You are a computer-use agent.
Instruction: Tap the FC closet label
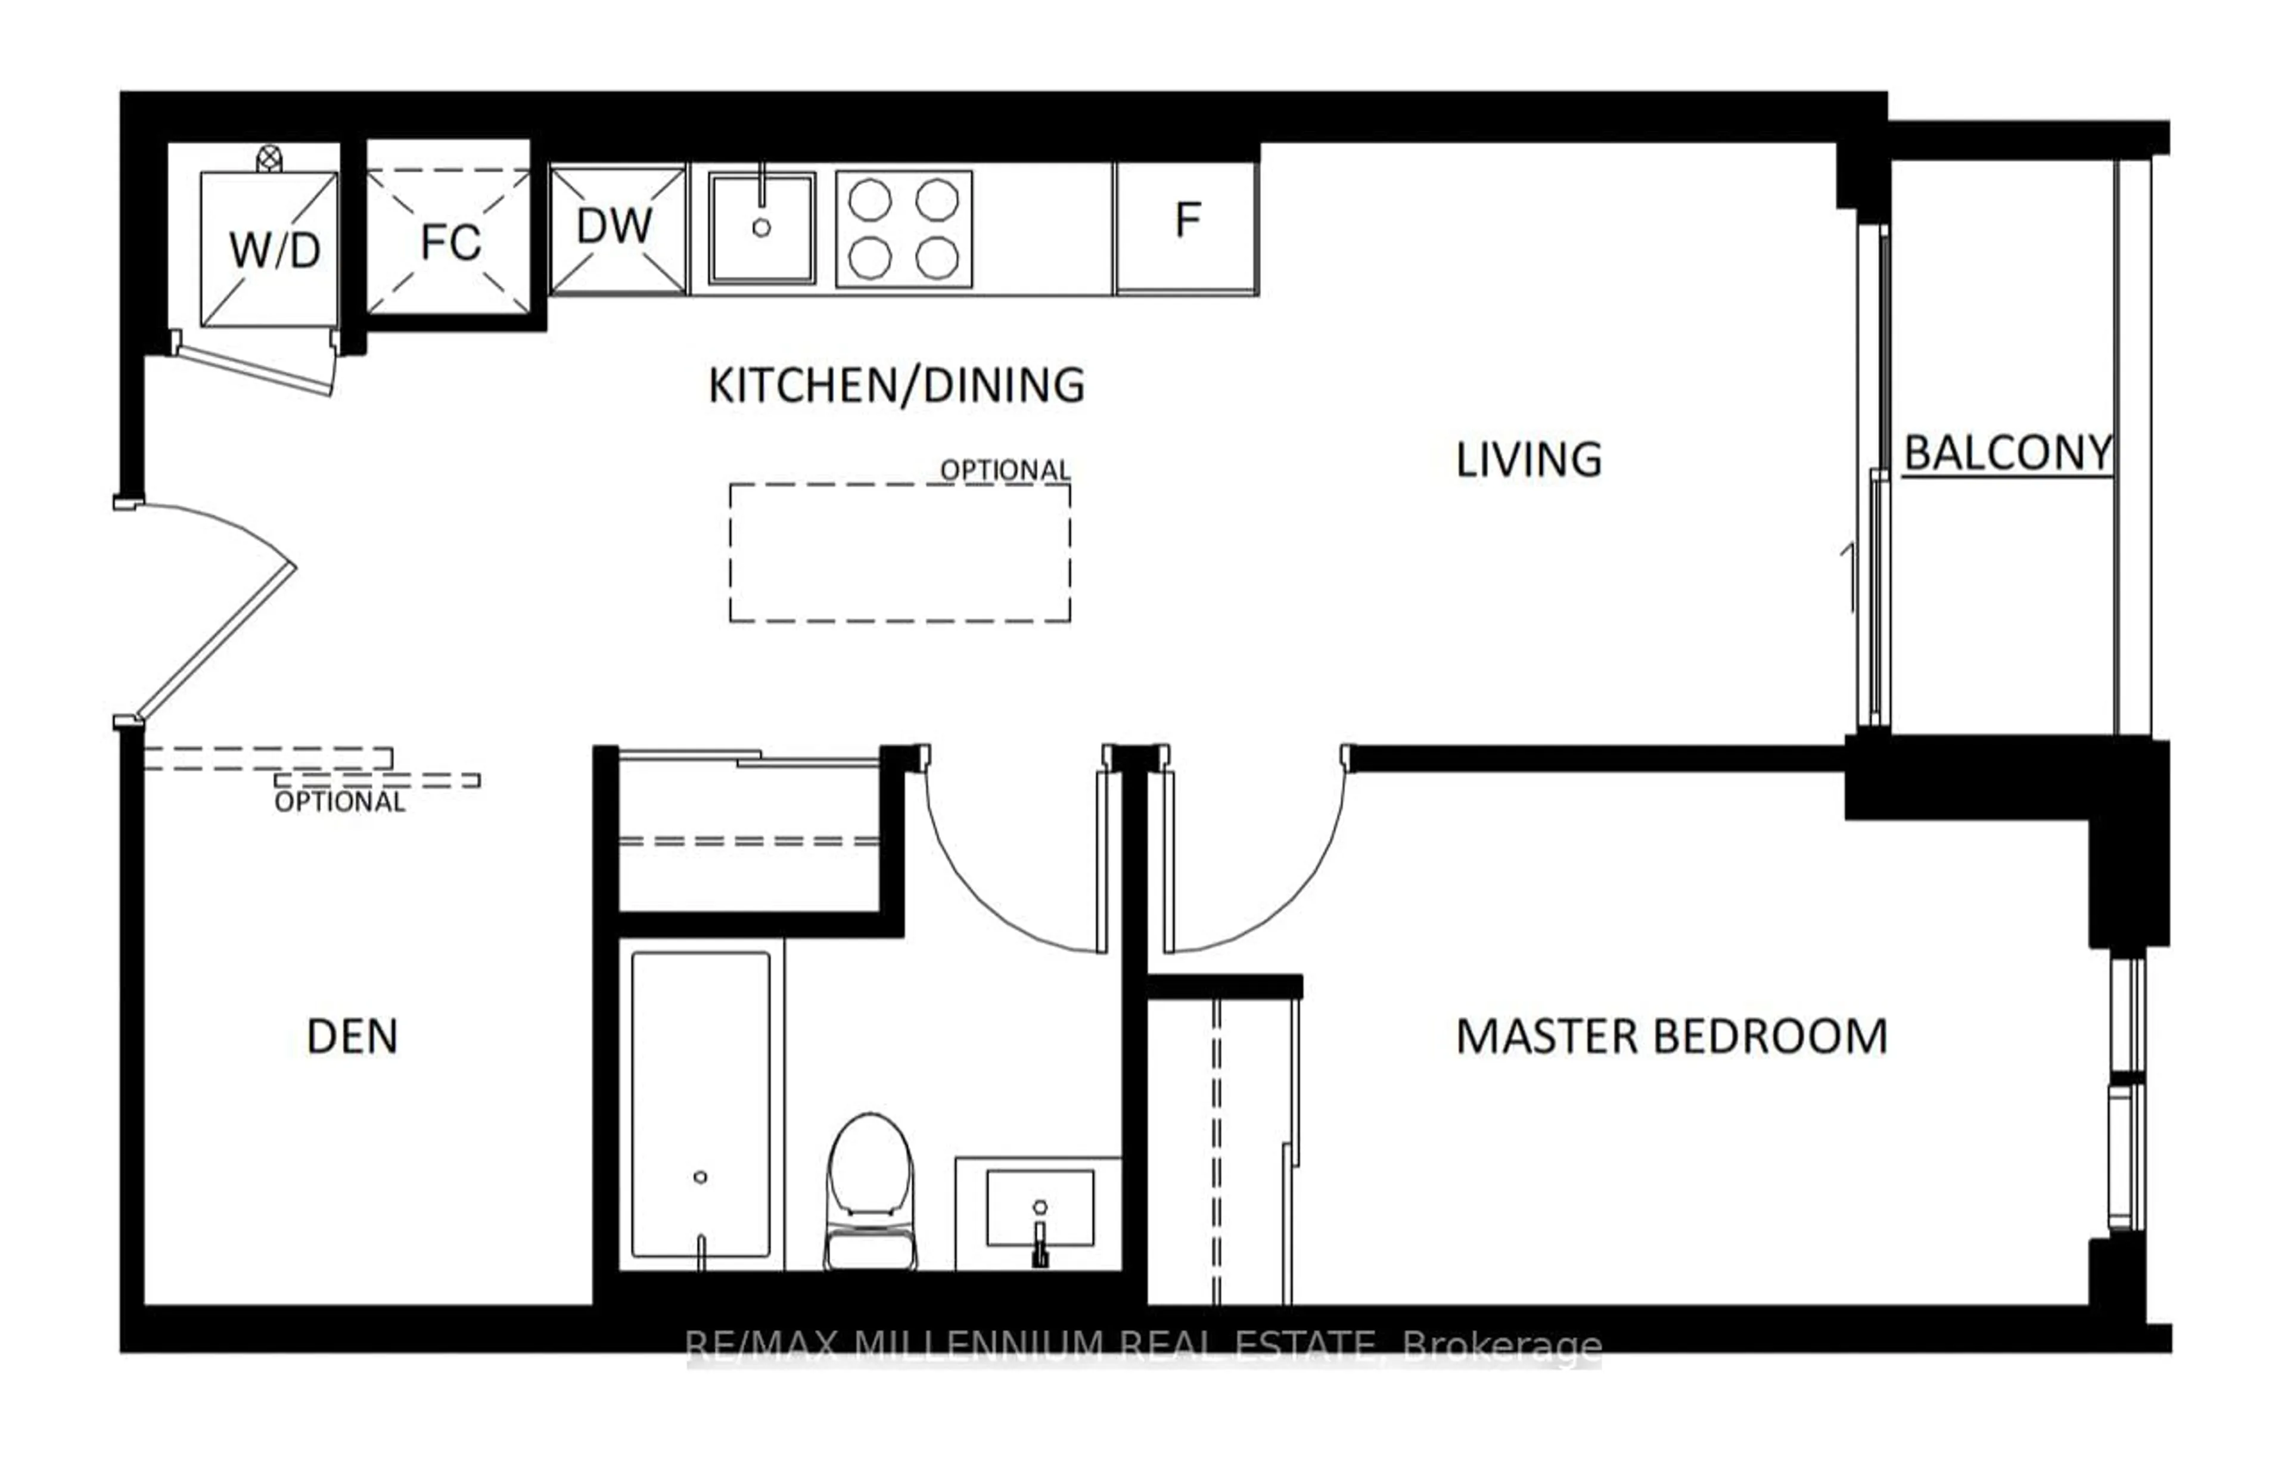450,243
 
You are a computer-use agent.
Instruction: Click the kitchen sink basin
761,228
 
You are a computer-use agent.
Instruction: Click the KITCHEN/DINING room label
896,386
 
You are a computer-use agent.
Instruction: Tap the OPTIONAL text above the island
1005,470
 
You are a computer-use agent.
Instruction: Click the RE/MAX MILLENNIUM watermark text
1143,1346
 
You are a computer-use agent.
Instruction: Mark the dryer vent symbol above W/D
270,158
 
